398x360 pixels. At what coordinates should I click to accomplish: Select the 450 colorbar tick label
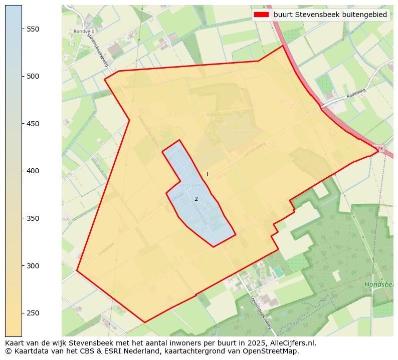pos(33,124)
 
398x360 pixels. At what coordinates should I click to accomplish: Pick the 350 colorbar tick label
pos(33,218)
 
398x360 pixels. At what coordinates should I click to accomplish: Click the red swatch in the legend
pos(262,15)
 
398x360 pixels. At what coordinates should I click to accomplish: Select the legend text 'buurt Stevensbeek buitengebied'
pos(330,15)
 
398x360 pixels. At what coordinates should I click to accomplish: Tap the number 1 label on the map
pos(207,174)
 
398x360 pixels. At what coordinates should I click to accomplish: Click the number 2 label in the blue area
pos(196,199)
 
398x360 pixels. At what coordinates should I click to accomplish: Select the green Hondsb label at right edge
pos(378,284)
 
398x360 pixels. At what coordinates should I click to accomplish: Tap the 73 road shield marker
pos(379,149)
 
